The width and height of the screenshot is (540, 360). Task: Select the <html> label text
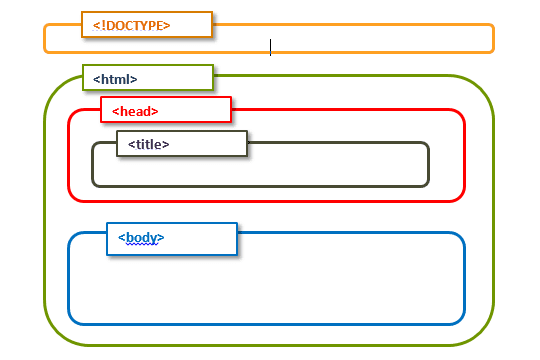pos(115,78)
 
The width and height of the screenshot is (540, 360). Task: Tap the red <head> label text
pos(135,111)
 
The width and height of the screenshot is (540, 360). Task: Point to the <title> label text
pos(148,144)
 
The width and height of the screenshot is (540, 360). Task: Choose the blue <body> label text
pos(141,238)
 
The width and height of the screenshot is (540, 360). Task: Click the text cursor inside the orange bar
pos(270,47)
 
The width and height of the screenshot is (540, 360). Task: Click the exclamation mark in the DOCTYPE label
pos(100,25)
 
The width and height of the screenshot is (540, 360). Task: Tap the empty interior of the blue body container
pos(300,285)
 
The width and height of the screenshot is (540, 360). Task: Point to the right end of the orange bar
pos(493,38)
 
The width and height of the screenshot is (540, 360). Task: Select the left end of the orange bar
pos(45,38)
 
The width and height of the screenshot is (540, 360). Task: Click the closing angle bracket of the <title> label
pos(166,144)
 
